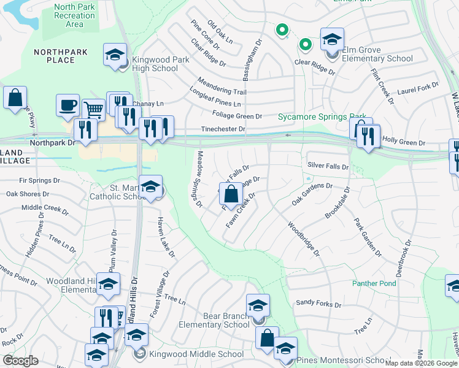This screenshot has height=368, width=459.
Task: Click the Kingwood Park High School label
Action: (x=155, y=64)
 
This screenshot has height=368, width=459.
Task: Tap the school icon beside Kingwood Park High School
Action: (x=115, y=55)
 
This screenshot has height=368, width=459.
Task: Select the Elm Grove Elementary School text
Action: (x=378, y=55)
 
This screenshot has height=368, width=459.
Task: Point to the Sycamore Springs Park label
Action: (x=322, y=116)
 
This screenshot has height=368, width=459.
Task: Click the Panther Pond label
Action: (x=374, y=283)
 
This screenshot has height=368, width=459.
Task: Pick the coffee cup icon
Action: (x=67, y=105)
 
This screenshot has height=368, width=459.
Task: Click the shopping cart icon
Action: (x=93, y=110)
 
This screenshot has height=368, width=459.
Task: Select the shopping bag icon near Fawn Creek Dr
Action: (x=230, y=194)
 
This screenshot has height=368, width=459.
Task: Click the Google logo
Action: (x=20, y=360)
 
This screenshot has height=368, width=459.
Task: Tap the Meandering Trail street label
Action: (x=222, y=86)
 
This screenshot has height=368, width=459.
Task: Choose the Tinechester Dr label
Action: (x=224, y=129)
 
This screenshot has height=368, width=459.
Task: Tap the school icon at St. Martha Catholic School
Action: (x=150, y=187)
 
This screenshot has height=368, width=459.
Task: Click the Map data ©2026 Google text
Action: (x=420, y=363)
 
